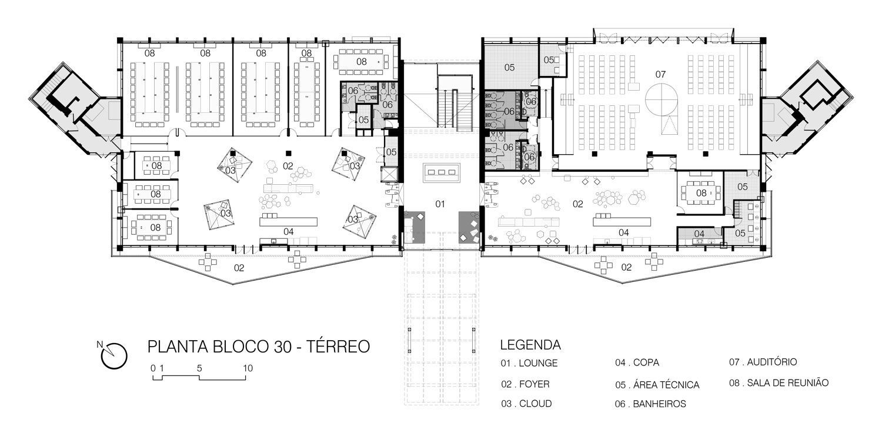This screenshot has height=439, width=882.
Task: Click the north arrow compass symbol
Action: point(114,354)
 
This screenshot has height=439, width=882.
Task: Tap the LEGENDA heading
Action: point(530,345)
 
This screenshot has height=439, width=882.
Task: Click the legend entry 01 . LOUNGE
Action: point(529,363)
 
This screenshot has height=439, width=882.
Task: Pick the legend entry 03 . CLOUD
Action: point(526,404)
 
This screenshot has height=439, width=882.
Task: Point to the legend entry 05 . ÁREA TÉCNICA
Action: point(657,385)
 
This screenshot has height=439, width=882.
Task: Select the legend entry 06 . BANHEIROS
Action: point(651,404)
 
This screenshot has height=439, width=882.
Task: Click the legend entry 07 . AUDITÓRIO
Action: point(763,362)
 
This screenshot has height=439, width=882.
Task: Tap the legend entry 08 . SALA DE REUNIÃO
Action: point(779,383)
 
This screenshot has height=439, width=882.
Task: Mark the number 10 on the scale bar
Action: point(248,368)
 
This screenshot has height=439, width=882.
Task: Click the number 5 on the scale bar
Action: point(200,368)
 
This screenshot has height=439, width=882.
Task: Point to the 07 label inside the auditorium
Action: point(660,74)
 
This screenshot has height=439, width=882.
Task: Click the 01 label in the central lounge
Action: point(439,204)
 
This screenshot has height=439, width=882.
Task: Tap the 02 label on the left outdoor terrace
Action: point(239,268)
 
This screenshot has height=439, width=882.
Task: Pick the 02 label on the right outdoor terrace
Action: point(627,268)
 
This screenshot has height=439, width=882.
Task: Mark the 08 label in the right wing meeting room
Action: point(701,192)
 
